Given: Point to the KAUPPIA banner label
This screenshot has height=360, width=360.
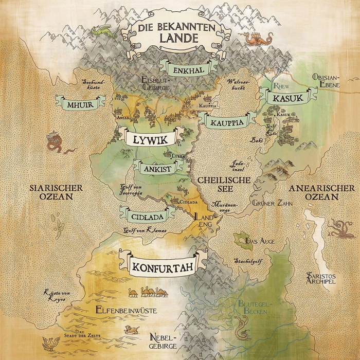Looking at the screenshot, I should [x=226, y=122].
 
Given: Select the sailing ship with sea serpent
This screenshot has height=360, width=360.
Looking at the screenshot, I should [x=55, y=142].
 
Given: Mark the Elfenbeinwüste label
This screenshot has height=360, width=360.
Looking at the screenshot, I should [x=123, y=310].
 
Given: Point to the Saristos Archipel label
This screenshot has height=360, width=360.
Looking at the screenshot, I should [x=321, y=278].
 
